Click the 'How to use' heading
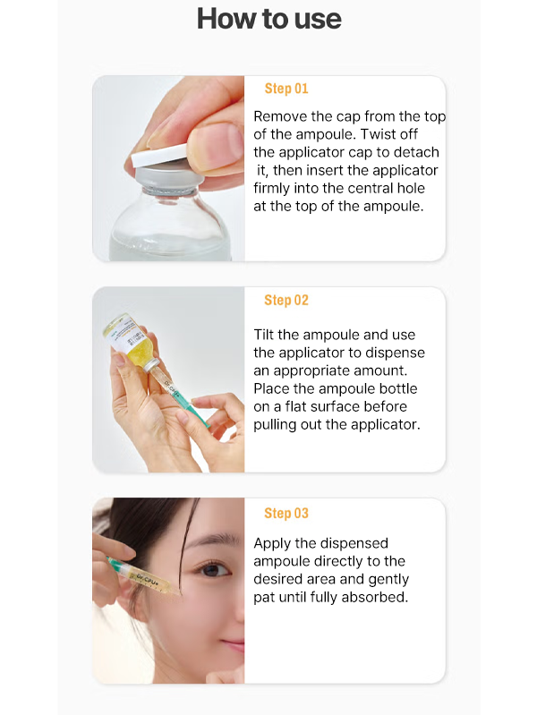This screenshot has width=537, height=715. tap(268, 19)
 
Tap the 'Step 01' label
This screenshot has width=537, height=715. tap(286, 89)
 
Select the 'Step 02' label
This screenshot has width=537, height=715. tap(286, 300)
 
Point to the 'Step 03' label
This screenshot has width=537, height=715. tap(286, 513)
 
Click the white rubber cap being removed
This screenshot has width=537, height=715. tap(159, 154)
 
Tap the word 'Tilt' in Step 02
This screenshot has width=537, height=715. tap(264, 335)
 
